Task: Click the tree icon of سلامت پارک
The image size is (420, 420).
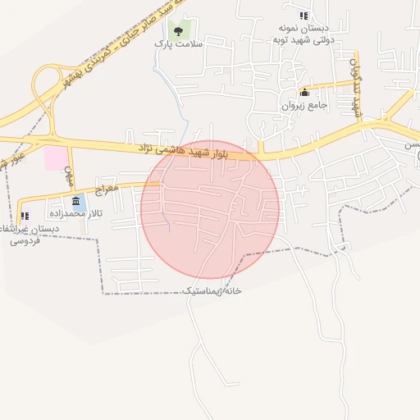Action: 178,31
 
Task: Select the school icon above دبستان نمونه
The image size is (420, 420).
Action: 304,15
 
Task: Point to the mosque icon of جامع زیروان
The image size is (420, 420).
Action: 305,92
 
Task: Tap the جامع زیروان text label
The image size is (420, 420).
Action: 305,105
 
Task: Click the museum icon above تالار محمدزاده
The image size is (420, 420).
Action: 76,201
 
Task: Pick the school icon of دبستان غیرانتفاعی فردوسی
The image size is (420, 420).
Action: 25,216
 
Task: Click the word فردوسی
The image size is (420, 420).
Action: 25,242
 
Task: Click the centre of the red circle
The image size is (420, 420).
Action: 210,208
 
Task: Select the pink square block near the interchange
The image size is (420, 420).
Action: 57,157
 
